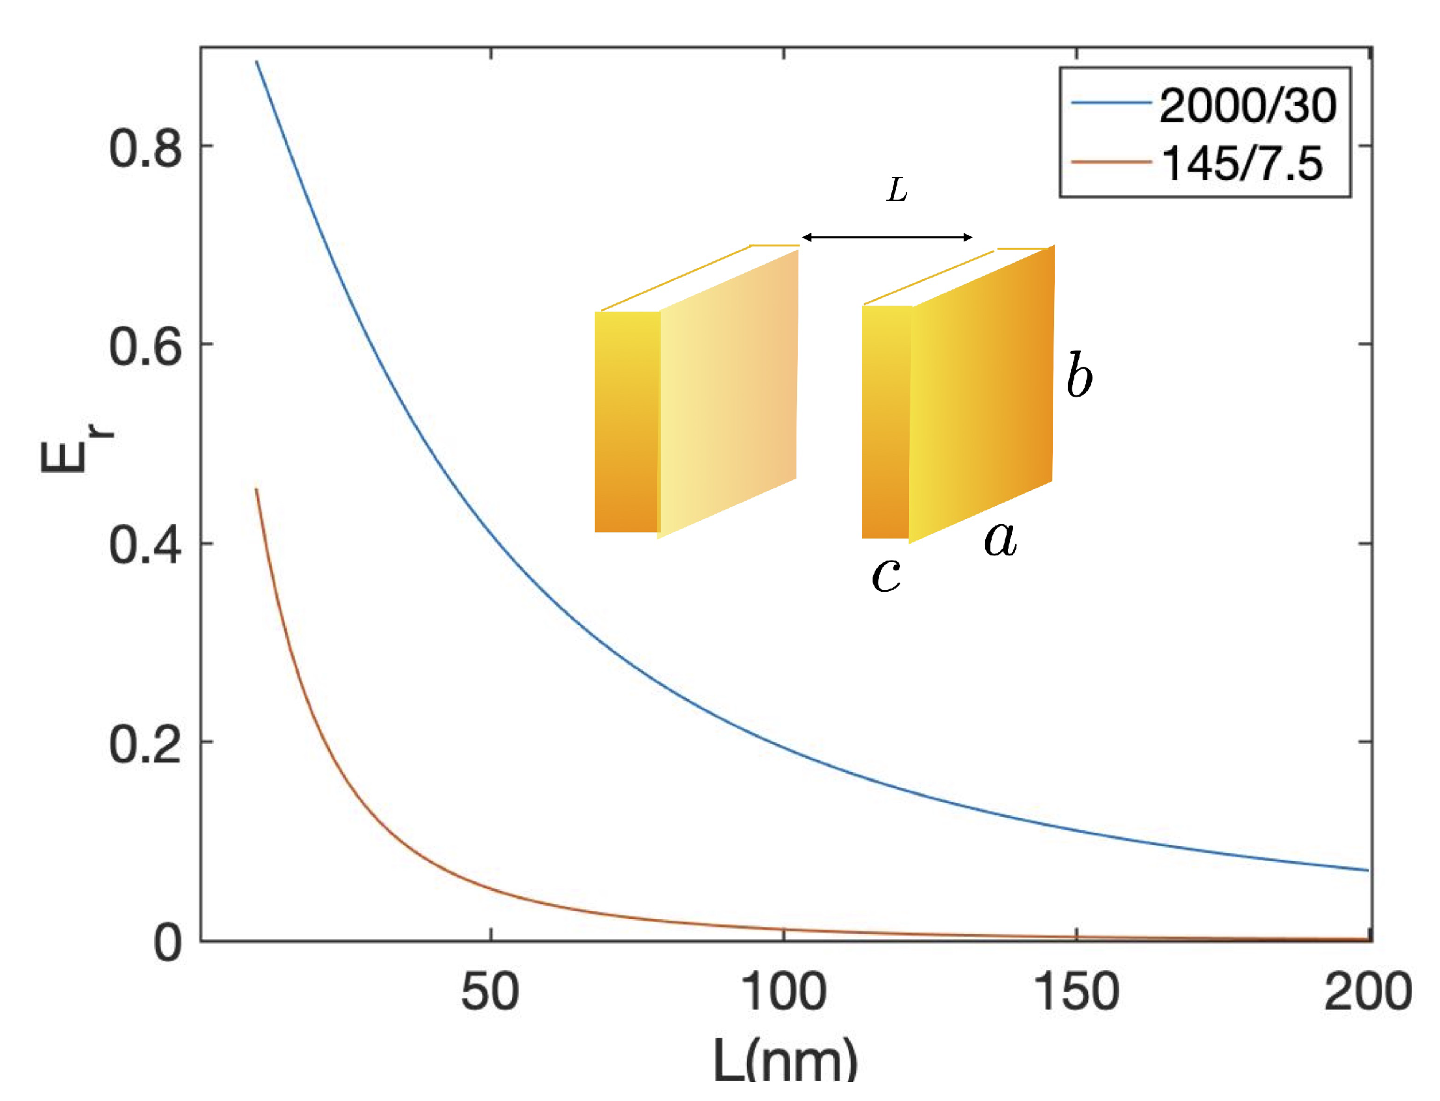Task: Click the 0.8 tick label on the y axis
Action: (145, 148)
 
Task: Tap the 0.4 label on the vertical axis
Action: (145, 545)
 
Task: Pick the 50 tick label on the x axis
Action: (490, 992)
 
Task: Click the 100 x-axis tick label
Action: (783, 992)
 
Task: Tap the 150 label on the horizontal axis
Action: (1076, 992)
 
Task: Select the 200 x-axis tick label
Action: (1368, 992)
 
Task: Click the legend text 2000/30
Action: (1247, 105)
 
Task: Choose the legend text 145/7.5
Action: (1242, 163)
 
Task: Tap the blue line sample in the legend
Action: (1111, 103)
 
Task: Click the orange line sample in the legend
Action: (1111, 161)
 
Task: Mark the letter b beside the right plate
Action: (1079, 375)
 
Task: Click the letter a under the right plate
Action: (1000, 539)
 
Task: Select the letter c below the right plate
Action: (886, 575)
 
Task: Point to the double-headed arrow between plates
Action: (887, 237)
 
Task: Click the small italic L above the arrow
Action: (897, 191)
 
